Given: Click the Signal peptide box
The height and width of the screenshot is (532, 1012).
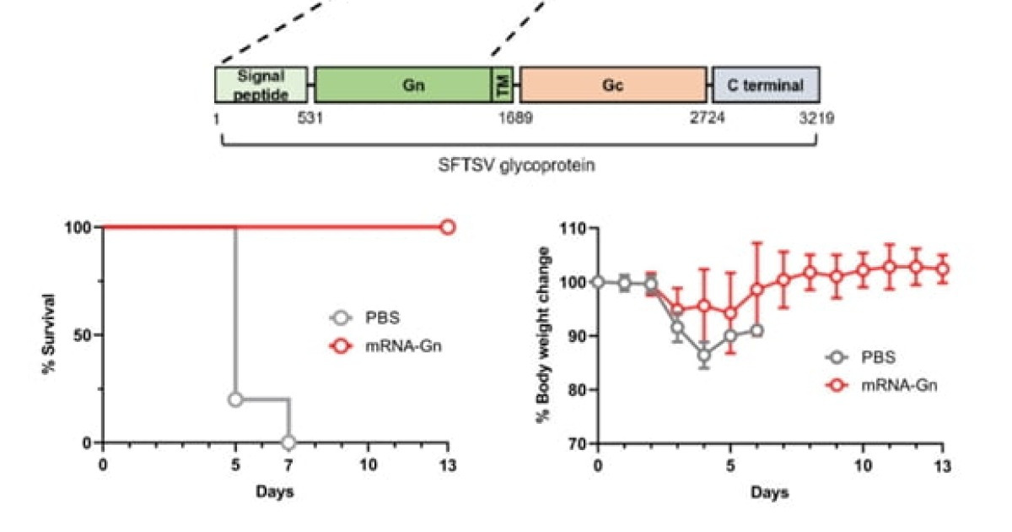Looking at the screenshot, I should [262, 84].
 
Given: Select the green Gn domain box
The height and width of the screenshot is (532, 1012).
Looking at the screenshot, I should [402, 84].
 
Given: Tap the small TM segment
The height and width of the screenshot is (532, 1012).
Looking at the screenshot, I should [502, 84].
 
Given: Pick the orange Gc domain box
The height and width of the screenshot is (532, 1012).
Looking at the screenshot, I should [613, 84].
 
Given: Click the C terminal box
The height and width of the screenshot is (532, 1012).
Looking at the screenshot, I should [766, 84].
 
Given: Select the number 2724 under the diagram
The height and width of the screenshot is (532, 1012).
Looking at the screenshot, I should [708, 118].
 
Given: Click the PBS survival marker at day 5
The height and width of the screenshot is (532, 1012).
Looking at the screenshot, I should [235, 399].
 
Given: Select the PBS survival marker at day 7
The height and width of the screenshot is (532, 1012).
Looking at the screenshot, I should [288, 442].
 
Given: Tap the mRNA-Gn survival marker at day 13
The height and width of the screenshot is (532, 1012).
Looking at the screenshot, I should [448, 227].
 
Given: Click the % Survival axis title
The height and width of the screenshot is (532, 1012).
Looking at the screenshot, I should [50, 334].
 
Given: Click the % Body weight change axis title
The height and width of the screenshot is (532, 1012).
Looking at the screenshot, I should [546, 334].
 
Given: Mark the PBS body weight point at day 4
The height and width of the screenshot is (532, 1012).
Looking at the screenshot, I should [703, 355].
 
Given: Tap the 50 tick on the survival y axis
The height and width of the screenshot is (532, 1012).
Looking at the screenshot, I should [83, 335].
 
